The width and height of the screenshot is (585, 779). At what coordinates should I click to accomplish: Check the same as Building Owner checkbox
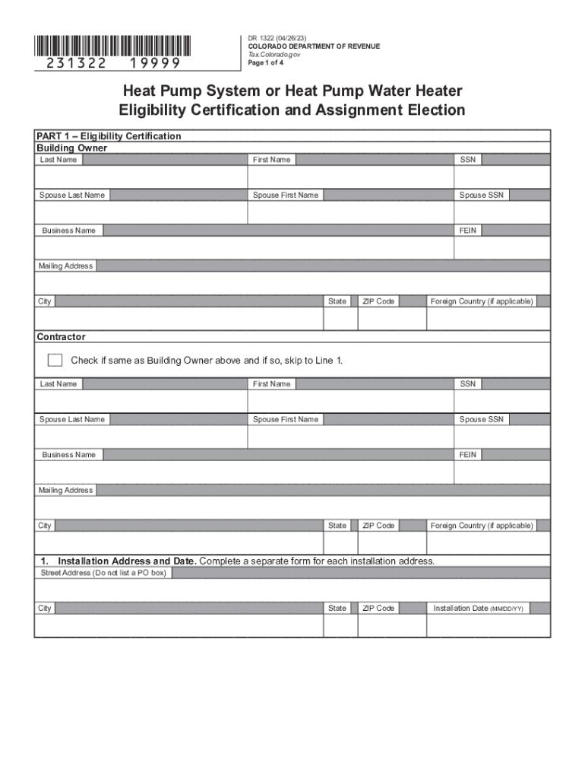[x=55, y=360]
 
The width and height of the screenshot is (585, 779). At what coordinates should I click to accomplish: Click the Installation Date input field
[x=488, y=625]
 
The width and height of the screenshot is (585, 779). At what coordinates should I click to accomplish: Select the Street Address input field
[x=292, y=590]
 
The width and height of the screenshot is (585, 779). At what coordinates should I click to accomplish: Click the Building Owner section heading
[x=71, y=148]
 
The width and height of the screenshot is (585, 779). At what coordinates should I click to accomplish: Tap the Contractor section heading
[x=61, y=336]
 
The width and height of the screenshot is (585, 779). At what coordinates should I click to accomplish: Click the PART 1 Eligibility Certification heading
[x=109, y=136]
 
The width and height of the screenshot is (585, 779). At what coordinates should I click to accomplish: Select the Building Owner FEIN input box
[x=501, y=248]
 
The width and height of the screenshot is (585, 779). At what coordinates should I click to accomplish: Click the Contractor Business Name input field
[x=243, y=472]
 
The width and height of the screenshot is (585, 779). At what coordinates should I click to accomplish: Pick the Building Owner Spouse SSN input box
[x=501, y=213]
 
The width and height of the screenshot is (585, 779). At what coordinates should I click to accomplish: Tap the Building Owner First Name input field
[x=350, y=177]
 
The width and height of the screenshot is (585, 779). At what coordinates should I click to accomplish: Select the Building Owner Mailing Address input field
[x=292, y=283]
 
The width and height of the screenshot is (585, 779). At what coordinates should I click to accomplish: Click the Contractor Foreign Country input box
[x=488, y=543]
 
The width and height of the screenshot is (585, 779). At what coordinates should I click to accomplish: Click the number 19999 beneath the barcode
[x=155, y=63]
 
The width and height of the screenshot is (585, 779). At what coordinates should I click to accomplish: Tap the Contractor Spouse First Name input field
[x=350, y=437]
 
